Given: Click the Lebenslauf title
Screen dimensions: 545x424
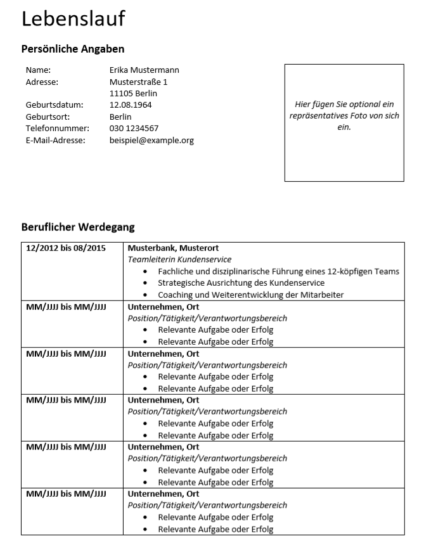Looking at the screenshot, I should coord(74,20).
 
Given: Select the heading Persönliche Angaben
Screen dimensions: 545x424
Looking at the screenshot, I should coord(73,49).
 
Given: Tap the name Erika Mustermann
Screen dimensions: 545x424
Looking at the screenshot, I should coord(145,70).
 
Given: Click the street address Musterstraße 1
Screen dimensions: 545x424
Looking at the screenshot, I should coord(139,82).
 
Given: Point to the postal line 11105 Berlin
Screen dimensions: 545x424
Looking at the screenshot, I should coord(133,93).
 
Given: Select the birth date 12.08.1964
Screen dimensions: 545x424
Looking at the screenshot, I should coord(131,105).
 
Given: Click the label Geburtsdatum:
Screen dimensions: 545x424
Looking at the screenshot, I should coord(55,105).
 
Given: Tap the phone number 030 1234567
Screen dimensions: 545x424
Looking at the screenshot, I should coord(134,128).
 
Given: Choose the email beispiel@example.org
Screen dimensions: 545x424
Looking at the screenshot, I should coord(151,140).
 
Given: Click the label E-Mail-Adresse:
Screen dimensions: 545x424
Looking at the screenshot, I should coord(55,140).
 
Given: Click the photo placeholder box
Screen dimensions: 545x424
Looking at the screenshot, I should coord(344,122).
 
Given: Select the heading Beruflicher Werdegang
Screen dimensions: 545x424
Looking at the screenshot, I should coord(78,226).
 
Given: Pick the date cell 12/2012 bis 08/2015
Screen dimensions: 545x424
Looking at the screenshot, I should coord(66,248).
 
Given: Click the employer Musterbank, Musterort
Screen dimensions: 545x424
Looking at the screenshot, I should coord(173,248).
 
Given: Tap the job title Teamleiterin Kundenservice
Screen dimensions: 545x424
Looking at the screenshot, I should coord(179,259).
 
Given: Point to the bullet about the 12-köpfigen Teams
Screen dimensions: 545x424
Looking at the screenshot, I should coord(278,271).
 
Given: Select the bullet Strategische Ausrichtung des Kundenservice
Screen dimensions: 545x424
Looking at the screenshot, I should coord(241,283).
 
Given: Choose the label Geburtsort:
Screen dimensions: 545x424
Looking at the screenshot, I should coord(48,117).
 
